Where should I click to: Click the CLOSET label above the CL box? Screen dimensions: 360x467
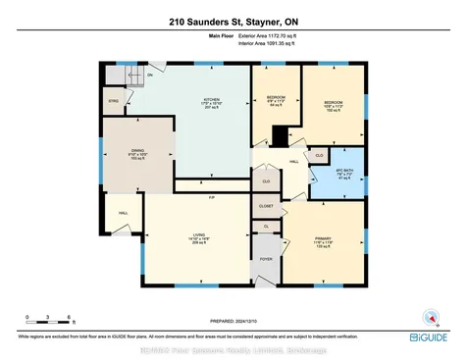point(267,207)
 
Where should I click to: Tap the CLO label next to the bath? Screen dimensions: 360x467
point(320,155)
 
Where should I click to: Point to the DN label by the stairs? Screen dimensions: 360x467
point(150,75)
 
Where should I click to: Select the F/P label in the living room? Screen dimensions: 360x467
point(211,197)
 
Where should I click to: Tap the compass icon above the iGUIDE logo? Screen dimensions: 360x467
point(428,316)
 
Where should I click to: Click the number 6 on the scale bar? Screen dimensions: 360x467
point(67,318)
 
